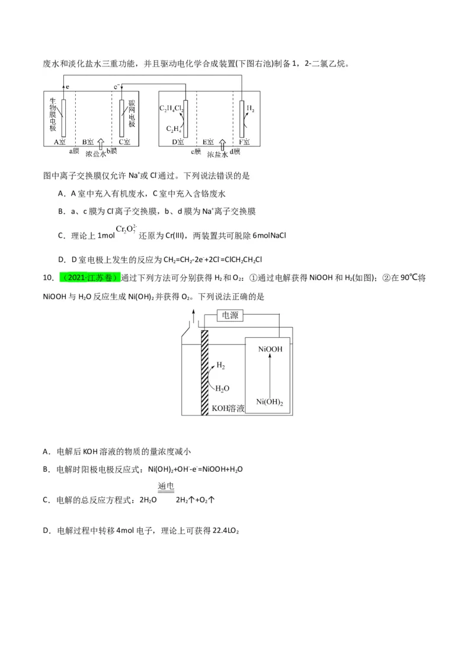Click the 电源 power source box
(x=230, y=315)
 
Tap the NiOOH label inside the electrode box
(x=270, y=349)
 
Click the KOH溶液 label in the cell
(x=228, y=408)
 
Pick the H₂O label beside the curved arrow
(x=222, y=388)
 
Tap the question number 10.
(x=48, y=277)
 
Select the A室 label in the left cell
(x=60, y=142)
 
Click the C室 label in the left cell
(x=124, y=142)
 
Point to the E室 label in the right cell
(x=208, y=142)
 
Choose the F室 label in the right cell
(x=244, y=142)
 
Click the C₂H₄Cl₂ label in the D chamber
(x=172, y=108)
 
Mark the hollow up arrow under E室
(x=222, y=144)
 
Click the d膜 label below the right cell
(x=235, y=152)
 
